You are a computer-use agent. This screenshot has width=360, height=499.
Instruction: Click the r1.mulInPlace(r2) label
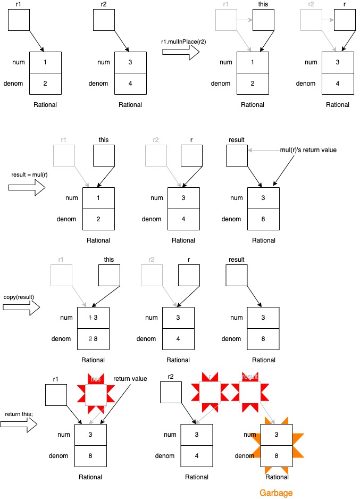181,40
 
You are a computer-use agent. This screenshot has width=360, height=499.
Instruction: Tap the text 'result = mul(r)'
27,174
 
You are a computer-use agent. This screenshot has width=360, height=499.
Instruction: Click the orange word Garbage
276,493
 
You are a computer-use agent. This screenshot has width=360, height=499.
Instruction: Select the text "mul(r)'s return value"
309,151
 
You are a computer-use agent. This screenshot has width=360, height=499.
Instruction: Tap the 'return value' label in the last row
130,379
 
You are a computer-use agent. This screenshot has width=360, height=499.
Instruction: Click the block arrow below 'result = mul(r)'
27,188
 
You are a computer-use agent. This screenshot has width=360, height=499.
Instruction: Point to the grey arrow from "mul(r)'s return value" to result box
263,151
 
